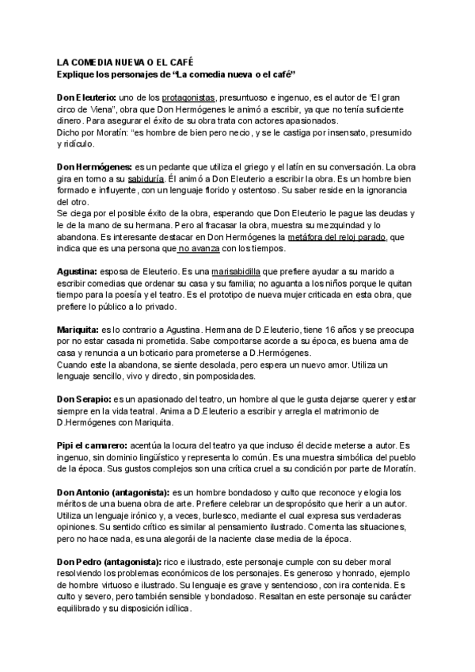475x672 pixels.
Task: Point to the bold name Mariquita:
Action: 78,328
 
